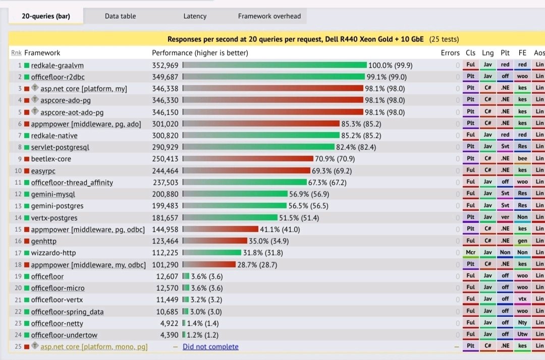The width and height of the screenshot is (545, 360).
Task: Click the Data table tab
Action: pos(120,16)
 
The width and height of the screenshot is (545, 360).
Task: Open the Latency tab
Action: pos(195,16)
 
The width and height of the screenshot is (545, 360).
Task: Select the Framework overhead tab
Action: pos(269,16)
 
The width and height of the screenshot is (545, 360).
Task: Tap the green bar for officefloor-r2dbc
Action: pos(274,77)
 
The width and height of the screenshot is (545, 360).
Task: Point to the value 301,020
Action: pos(166,124)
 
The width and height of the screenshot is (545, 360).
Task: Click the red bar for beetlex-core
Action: pos(248,159)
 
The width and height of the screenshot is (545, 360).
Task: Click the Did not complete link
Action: pos(210,347)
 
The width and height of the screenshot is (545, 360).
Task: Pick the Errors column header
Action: pos(450,53)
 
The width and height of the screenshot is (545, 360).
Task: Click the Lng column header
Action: pos(488,53)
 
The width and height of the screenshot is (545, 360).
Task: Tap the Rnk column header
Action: pos(16,53)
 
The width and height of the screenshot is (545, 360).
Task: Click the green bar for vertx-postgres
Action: pos(230,218)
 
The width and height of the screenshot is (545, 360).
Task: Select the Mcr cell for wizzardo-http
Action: pos(470,253)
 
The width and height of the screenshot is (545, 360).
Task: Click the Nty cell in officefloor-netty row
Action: pos(522,323)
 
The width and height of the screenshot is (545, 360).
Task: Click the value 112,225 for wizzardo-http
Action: pos(166,253)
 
